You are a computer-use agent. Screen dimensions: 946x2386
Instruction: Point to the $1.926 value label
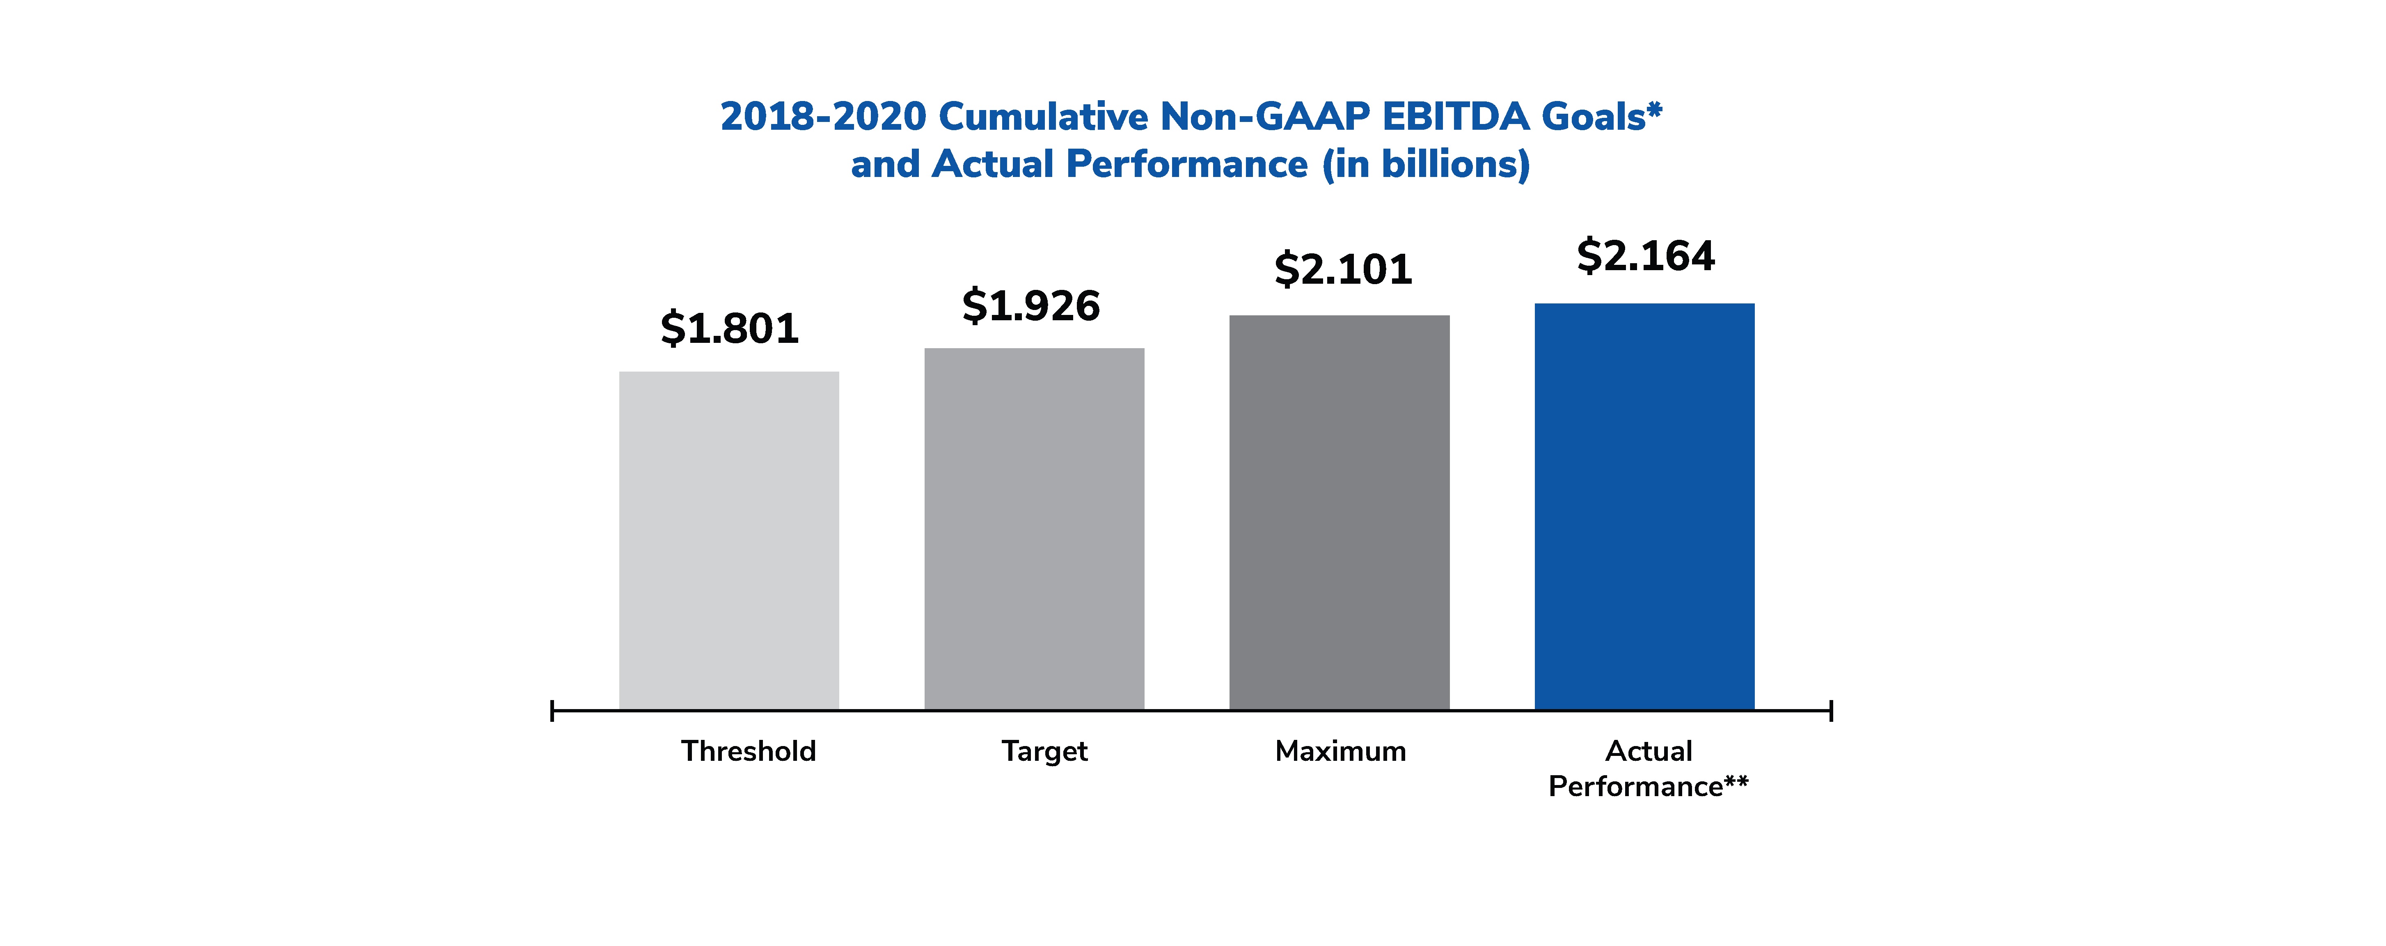1031,306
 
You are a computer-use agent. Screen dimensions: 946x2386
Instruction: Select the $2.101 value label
1343,270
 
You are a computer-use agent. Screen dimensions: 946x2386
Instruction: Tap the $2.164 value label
1646,256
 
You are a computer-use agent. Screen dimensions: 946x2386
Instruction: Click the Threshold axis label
749,751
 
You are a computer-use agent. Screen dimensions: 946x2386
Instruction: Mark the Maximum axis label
1340,751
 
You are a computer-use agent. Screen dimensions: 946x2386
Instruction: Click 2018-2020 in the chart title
822,117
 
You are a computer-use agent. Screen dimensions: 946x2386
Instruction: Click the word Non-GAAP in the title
1265,117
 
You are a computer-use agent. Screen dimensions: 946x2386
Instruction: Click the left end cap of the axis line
552,711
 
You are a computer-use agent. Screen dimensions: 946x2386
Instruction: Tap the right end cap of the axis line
1830,711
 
